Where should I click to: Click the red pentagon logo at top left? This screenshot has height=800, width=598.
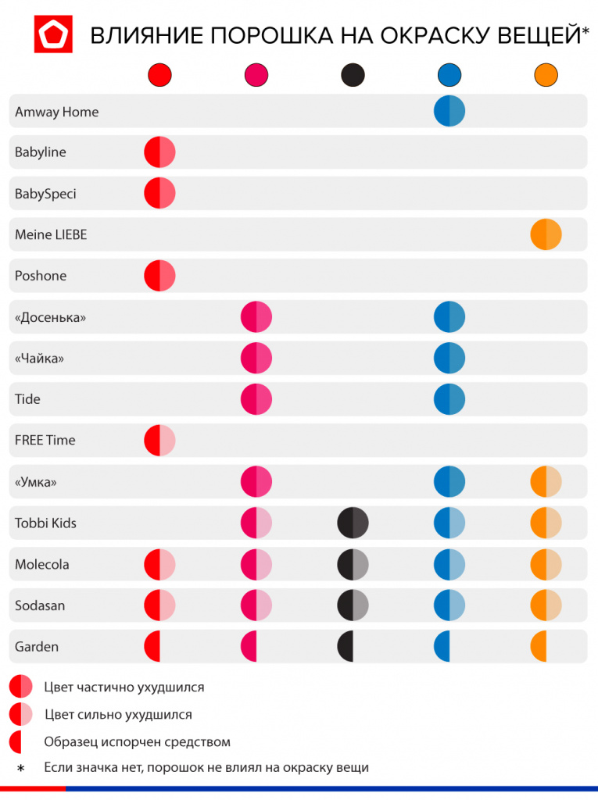53,34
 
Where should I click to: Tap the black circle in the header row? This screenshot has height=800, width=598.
353,75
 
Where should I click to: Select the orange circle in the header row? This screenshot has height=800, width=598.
546,75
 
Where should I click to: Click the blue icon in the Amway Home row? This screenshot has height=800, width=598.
449,111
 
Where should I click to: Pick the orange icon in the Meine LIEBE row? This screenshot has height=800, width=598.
546,234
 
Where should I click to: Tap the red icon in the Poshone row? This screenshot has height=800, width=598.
159,276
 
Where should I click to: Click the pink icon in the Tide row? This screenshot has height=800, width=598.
256,399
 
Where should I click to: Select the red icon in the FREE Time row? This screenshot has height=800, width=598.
159,440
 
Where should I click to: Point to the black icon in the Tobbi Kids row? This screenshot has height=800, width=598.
353,523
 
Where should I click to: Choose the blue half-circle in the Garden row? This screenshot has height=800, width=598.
442,646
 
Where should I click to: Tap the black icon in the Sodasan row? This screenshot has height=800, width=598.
353,605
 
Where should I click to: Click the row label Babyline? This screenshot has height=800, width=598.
40,152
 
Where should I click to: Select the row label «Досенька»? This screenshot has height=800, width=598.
50,318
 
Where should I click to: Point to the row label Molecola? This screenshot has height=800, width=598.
41,564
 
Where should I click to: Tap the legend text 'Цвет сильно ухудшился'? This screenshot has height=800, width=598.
118,714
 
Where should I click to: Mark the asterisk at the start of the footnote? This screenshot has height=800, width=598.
21,769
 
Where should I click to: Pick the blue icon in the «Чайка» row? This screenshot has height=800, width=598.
449,358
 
